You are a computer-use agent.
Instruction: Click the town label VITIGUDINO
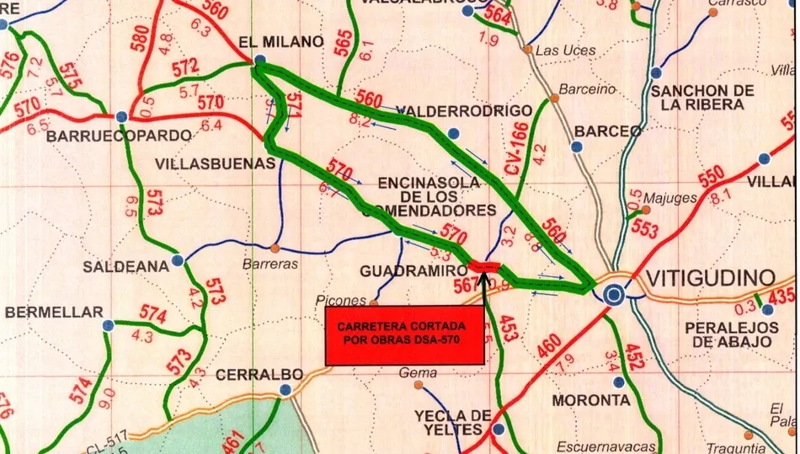click(x=711, y=277)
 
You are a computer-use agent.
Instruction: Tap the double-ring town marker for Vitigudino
click(x=615, y=294)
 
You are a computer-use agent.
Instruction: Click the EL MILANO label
click(x=281, y=41)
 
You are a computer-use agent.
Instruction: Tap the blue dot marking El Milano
click(x=260, y=61)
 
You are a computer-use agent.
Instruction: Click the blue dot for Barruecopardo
click(x=122, y=116)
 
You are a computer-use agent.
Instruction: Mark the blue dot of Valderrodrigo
click(x=454, y=133)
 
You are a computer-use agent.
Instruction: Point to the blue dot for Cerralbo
click(x=286, y=390)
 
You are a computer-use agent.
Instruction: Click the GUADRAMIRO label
click(x=413, y=270)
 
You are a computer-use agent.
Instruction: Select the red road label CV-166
click(x=517, y=148)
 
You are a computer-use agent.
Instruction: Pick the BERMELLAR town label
click(x=54, y=312)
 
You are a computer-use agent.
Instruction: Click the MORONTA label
click(x=591, y=399)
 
